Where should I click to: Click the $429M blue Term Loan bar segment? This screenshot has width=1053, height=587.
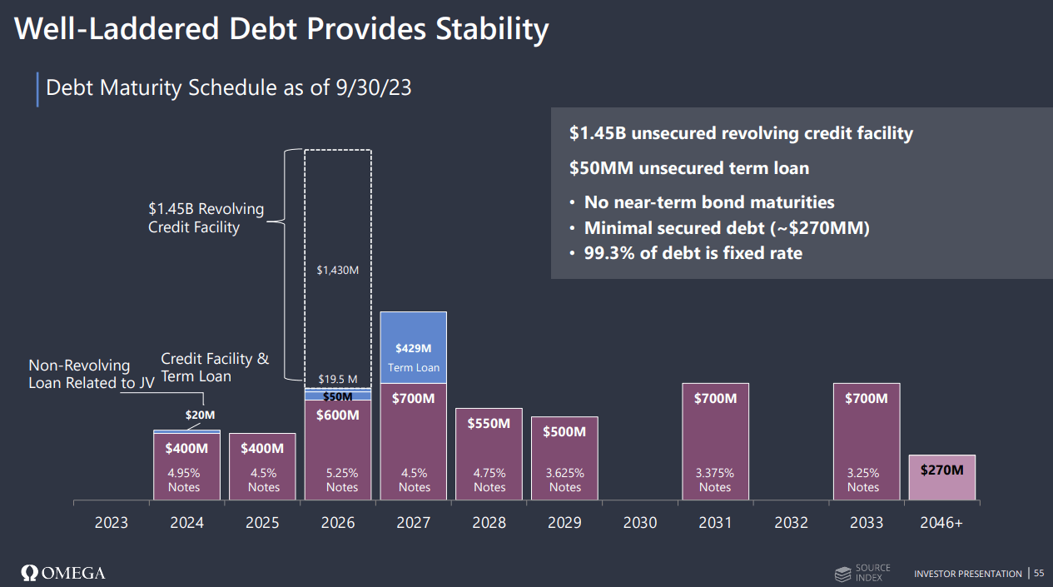tap(413, 348)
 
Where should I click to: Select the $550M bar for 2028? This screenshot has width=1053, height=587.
tap(489, 454)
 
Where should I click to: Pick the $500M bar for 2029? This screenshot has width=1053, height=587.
tap(564, 458)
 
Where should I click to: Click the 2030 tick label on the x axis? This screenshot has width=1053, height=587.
tap(639, 523)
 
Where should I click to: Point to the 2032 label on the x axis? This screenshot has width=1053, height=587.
tap(791, 523)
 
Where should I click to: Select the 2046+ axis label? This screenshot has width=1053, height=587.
tap(941, 523)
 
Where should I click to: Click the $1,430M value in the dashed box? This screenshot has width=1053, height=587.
tap(337, 270)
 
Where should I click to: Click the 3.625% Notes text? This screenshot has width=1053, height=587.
tap(564, 480)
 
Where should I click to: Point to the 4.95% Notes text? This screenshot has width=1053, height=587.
tap(184, 480)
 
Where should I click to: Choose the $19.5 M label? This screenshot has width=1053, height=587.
tap(337, 380)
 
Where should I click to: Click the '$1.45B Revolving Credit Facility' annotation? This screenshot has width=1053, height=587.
tap(206, 218)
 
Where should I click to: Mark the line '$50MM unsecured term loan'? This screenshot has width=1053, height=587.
tap(689, 168)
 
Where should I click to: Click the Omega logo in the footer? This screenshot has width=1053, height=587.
tap(63, 573)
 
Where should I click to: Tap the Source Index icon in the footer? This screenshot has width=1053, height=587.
tap(843, 574)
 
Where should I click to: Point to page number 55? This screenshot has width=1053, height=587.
tap(1039, 573)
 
